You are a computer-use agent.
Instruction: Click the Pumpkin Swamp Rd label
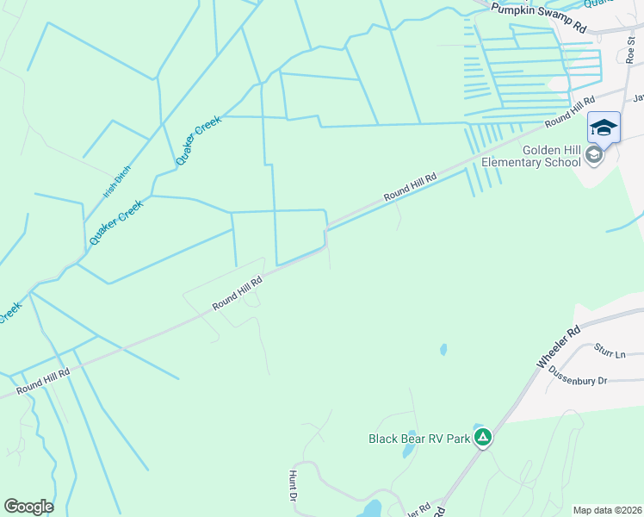tap(538, 18)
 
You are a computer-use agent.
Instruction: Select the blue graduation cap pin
tap(604, 128)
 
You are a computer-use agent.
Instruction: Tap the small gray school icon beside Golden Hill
tap(593, 155)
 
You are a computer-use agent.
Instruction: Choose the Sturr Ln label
tap(609, 351)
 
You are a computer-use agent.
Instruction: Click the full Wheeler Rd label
tap(559, 347)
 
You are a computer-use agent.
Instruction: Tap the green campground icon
tap(484, 438)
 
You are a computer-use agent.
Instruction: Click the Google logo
tap(28, 507)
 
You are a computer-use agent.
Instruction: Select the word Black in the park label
tap(385, 439)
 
